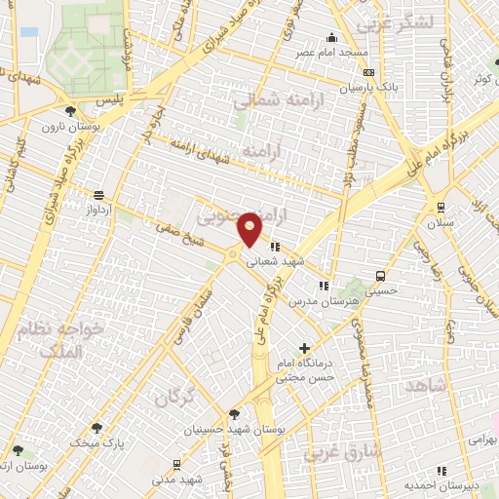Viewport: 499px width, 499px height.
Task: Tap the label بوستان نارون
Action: tap(64, 126)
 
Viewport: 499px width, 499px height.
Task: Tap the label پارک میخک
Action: tap(96, 441)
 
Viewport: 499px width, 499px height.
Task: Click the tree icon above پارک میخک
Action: tap(96, 428)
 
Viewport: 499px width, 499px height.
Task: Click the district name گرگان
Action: tap(176, 397)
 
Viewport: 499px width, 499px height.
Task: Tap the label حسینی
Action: tap(381, 262)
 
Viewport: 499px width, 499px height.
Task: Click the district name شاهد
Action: tap(427, 385)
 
